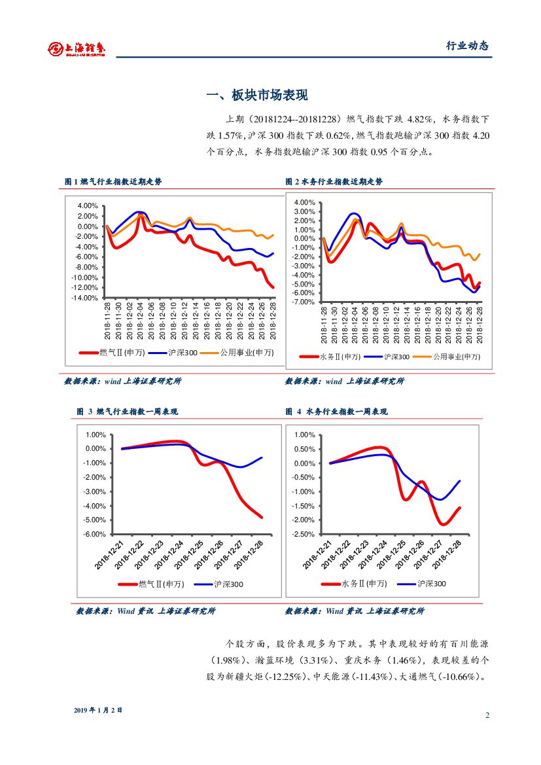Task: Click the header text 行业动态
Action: point(467,46)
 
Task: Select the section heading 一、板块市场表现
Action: point(256,96)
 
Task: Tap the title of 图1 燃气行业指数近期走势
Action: point(113,181)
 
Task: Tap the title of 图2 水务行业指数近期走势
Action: point(334,181)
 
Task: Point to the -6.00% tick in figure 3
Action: point(96,534)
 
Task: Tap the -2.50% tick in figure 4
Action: point(304,534)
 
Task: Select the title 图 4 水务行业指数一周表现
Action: point(336,412)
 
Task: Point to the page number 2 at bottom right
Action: point(487,715)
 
